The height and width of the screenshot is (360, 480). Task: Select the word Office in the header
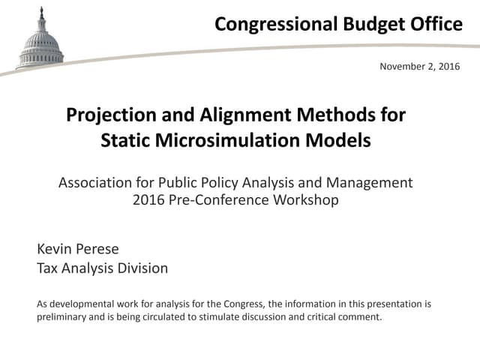[436, 25]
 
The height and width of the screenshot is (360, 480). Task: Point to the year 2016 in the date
[447, 67]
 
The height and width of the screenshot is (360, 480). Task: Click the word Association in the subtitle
[97, 182]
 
